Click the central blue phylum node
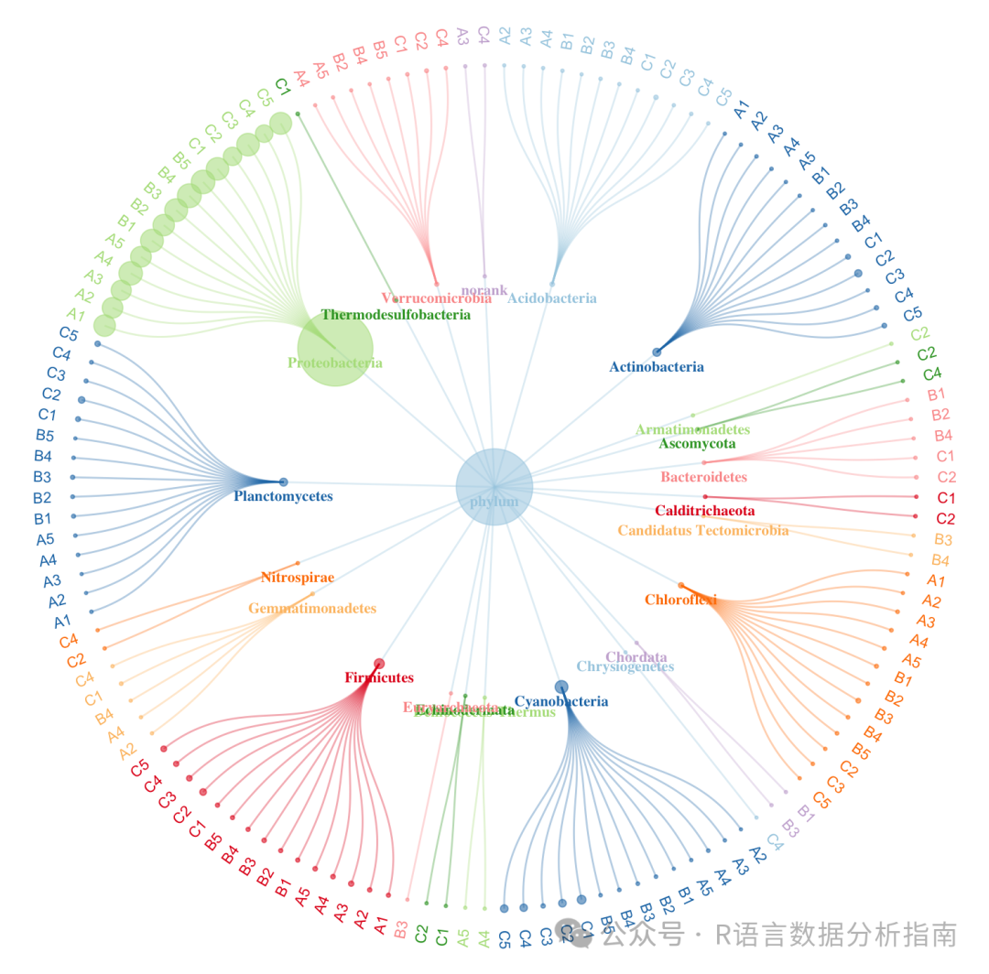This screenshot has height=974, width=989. tap(494, 487)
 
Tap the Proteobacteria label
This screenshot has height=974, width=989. tap(335, 363)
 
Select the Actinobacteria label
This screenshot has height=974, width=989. tap(657, 367)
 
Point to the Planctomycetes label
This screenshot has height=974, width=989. tap(283, 496)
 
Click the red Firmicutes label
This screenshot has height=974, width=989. tap(379, 677)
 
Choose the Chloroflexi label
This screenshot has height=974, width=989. tap(680, 601)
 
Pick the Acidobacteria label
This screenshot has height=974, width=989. tap(552, 298)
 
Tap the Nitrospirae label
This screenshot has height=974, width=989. tap(298, 578)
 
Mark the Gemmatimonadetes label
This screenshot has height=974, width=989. tap(312, 608)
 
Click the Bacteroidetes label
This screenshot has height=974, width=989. tap(703, 477)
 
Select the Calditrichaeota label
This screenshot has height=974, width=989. tap(704, 510)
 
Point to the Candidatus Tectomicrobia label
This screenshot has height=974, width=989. tap(702, 530)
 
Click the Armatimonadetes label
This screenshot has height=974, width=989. tap(692, 429)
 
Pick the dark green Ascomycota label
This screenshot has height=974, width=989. tap(697, 444)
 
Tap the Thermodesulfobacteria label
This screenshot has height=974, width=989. tap(396, 315)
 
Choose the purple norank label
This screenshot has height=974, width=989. tap(484, 290)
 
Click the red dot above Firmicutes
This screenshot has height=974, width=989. tap(379, 664)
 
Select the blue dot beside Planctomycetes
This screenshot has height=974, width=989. tap(283, 482)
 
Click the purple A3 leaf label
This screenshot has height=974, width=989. tap(462, 37)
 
